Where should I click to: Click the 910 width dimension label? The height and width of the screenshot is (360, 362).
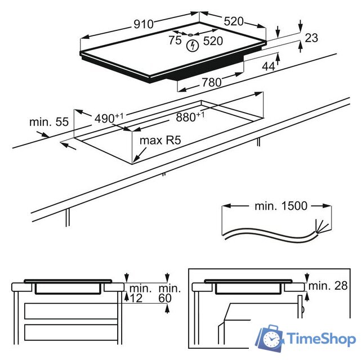click(144, 24)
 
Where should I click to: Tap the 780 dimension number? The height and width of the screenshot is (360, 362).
click(212, 82)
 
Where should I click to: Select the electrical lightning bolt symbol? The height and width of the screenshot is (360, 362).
click(193, 46)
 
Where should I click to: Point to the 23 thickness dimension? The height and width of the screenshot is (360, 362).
click(311, 38)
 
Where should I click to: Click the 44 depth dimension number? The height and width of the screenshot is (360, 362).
click(269, 66)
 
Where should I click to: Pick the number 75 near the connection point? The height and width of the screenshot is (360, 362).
click(175, 40)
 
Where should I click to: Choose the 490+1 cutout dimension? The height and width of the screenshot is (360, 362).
click(109, 118)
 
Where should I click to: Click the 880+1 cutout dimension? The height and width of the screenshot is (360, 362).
click(190, 116)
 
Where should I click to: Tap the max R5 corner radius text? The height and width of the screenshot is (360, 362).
click(160, 140)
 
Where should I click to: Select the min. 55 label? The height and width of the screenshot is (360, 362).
click(49, 121)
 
